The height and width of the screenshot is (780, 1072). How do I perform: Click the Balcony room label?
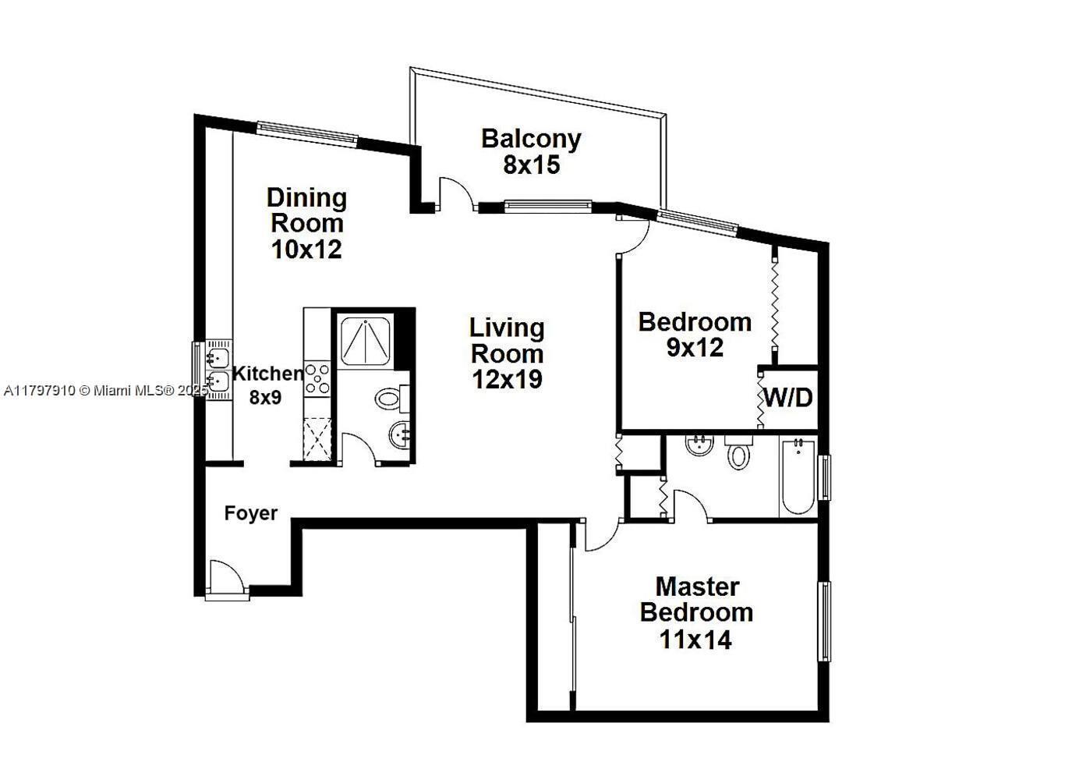(x=531, y=140)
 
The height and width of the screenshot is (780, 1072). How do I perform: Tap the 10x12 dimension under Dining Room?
(x=306, y=249)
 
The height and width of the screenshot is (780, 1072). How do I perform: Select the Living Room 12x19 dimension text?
(x=507, y=379)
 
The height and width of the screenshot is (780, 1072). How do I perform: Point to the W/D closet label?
(x=788, y=397)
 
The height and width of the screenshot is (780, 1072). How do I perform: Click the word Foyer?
(x=251, y=513)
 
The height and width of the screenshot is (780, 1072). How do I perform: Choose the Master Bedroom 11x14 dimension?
(x=695, y=640)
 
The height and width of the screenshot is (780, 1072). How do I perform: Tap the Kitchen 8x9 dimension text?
(x=266, y=397)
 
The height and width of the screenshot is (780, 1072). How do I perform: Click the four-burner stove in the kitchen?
(x=317, y=379)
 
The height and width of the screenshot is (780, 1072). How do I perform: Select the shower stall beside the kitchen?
(x=365, y=339)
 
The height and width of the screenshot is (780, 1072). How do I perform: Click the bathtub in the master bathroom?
(x=798, y=477)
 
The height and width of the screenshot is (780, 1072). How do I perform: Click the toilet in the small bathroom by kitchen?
(x=392, y=399)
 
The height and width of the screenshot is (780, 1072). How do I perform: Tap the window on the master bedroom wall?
(x=824, y=621)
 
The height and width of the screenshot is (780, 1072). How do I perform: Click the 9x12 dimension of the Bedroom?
(x=695, y=348)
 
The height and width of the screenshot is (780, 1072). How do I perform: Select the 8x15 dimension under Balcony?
(x=531, y=165)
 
